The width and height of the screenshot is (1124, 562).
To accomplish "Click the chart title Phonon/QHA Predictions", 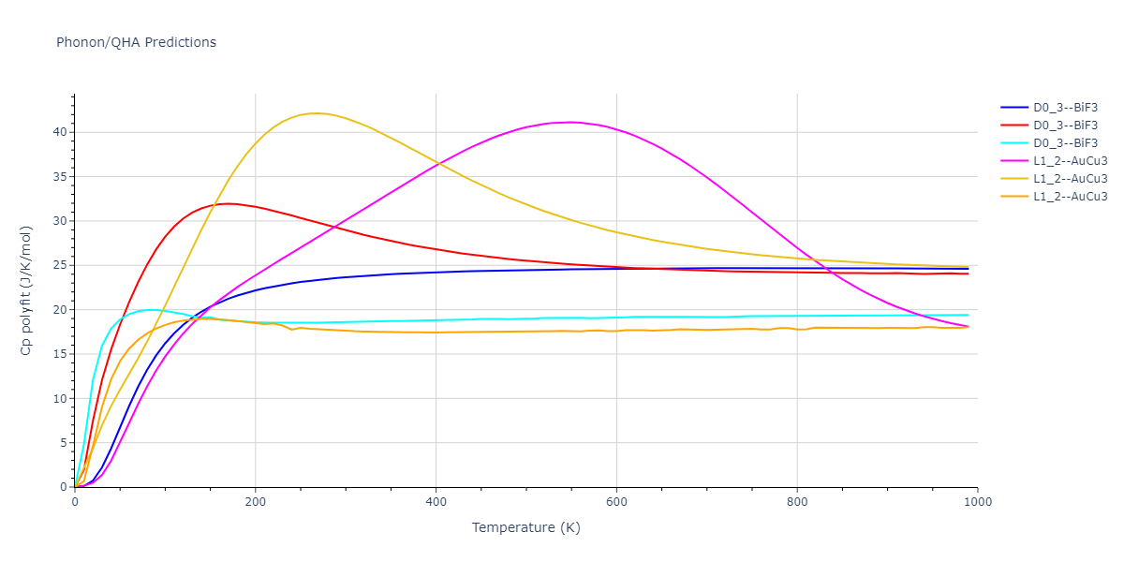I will (136, 42).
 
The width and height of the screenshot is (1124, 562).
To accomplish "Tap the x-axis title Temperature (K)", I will (525, 527).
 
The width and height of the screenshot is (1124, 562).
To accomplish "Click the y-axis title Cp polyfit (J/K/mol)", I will (26, 290).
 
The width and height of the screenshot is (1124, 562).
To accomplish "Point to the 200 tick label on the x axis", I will (255, 502).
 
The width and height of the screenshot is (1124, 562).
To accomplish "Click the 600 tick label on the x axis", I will (616, 502).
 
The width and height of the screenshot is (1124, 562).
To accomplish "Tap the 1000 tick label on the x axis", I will (977, 502).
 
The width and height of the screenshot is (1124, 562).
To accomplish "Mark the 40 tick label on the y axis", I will (60, 132).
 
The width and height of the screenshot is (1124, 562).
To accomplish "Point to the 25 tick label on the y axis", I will (60, 265).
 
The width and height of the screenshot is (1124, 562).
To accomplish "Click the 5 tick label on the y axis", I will (64, 443).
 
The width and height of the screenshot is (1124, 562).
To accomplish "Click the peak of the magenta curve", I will (571, 122).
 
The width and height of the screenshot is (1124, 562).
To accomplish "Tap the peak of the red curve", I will (229, 203).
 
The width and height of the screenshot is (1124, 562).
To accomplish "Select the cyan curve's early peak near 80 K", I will (150, 309).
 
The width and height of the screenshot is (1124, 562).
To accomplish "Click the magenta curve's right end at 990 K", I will (968, 327).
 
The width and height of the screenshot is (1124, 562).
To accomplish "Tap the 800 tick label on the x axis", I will (796, 502).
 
